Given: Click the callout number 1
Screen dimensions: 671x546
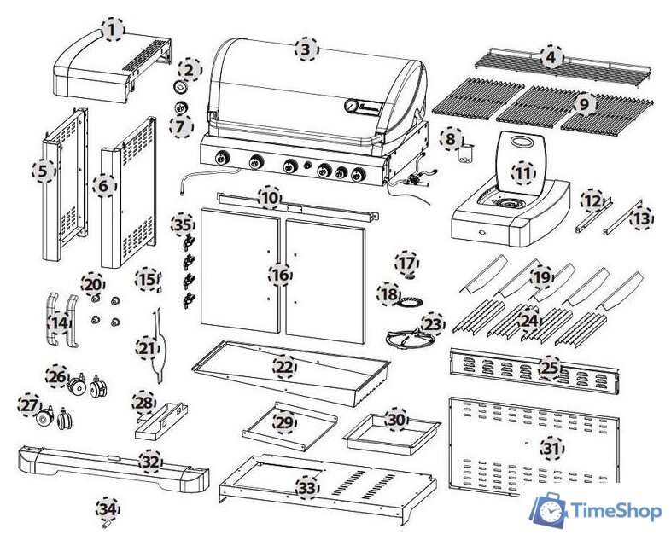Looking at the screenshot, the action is point(113,30).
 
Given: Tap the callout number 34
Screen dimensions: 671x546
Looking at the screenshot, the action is point(108,508).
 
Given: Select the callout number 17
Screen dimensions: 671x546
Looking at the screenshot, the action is point(407,262).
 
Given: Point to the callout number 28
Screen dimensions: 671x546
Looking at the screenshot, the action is point(144,403).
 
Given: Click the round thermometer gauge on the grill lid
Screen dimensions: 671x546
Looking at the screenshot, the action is point(352,105).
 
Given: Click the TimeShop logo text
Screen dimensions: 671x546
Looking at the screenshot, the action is point(616,510).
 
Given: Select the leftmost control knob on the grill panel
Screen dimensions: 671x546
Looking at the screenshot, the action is point(222,158).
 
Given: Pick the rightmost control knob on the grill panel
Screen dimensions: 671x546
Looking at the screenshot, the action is point(359,175).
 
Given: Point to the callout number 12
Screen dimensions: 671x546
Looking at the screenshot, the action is point(593,200).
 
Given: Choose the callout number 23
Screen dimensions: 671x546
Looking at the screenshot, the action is point(433,323).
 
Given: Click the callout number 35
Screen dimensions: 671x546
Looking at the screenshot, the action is point(183,224).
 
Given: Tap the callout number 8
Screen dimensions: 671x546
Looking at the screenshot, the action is point(451,138).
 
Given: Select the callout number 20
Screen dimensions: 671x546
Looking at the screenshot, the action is point(93,284).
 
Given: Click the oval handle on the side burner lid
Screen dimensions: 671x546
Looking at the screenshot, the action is point(520,141).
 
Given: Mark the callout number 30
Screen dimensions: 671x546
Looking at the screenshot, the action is point(396,420).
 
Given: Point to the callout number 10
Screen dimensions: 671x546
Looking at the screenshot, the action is point(270,198).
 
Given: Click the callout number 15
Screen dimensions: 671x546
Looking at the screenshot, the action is point(147,279).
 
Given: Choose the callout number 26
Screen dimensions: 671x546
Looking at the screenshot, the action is point(57,376).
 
